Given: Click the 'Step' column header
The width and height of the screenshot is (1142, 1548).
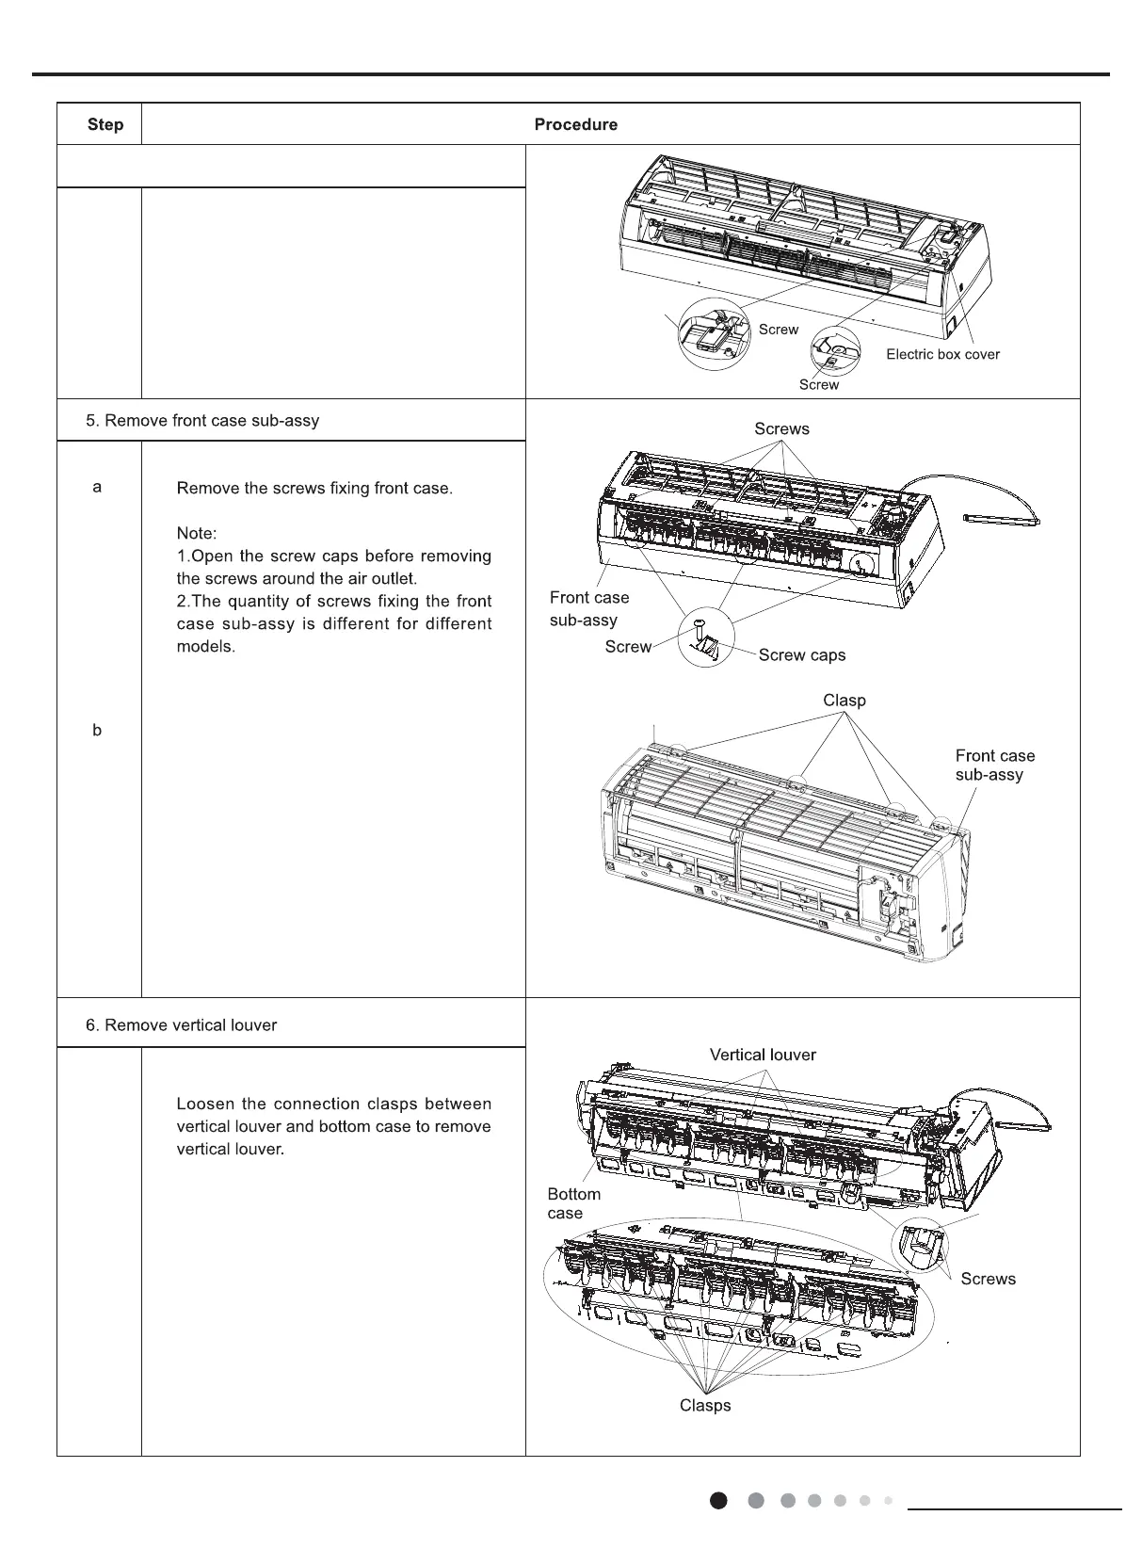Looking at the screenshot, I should pyautogui.click(x=105, y=124).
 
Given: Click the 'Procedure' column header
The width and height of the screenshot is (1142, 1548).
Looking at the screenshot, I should pyautogui.click(x=575, y=124).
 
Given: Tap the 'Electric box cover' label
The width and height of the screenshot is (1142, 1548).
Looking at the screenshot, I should pyautogui.click(x=942, y=354).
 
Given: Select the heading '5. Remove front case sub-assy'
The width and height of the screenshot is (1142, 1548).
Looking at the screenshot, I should pyautogui.click(x=202, y=420).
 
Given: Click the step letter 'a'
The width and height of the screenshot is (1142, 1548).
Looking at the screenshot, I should pyautogui.click(x=98, y=487).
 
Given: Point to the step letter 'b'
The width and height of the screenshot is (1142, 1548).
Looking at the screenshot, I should pyautogui.click(x=98, y=730).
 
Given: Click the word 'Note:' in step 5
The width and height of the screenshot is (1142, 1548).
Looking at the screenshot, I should pyautogui.click(x=197, y=533).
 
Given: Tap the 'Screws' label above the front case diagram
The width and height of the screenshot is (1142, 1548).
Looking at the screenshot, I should pyautogui.click(x=781, y=428).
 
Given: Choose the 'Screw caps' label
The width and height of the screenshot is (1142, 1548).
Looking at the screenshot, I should pyautogui.click(x=802, y=654).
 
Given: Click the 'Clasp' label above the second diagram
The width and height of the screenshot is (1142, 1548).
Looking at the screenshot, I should pyautogui.click(x=844, y=700).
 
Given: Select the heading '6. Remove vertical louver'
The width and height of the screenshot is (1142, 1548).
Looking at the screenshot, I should pyautogui.click(x=182, y=1024).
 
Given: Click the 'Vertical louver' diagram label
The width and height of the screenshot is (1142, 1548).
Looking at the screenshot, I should pyautogui.click(x=763, y=1055).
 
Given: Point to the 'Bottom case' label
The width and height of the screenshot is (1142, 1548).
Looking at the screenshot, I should pyautogui.click(x=573, y=1203).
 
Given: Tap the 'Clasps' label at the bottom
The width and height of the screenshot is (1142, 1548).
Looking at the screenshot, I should pyautogui.click(x=705, y=1405).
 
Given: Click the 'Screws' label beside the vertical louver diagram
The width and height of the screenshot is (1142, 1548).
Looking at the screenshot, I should pyautogui.click(x=988, y=1278).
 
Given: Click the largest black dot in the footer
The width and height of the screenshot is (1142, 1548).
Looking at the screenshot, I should pyautogui.click(x=718, y=1501).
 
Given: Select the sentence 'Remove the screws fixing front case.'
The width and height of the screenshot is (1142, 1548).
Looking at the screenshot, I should pyautogui.click(x=314, y=489).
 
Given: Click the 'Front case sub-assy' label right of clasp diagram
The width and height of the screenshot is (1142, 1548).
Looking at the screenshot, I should pyautogui.click(x=994, y=765).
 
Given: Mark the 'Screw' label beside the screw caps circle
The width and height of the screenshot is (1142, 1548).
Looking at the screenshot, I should pyautogui.click(x=628, y=646).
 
